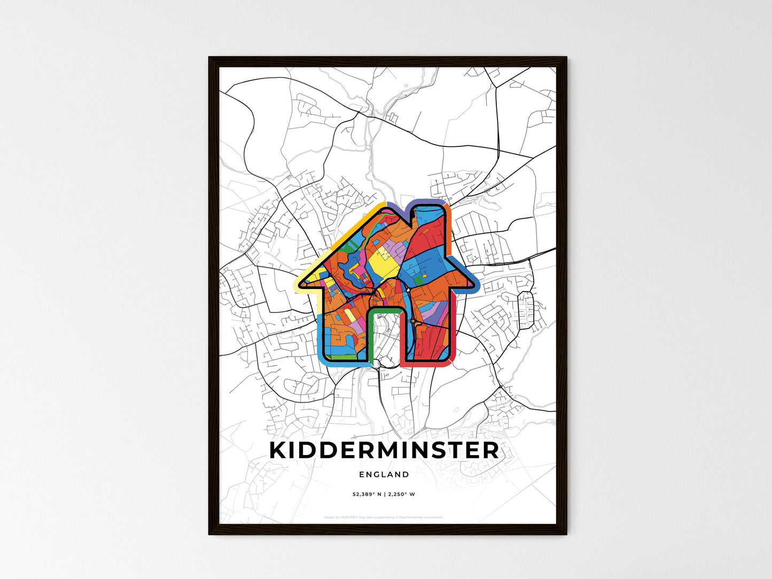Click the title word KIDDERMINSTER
pyautogui.click(x=384, y=450)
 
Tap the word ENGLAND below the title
pyautogui.click(x=384, y=474)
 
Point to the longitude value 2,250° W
pyautogui.click(x=402, y=494)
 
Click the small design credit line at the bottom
pyautogui.click(x=384, y=517)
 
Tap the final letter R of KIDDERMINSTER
pyautogui.click(x=491, y=450)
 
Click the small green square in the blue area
pyautogui.click(x=420, y=279)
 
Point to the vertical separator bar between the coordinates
pyautogui.click(x=385, y=494)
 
